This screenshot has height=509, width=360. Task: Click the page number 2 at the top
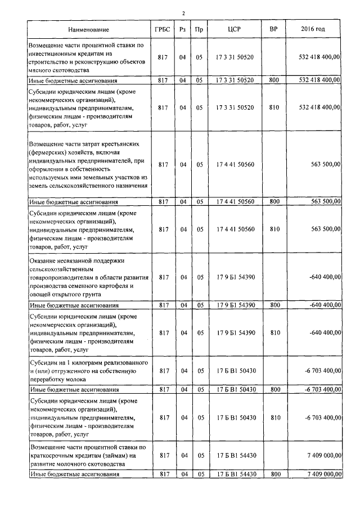183,13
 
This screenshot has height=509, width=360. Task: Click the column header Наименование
89,29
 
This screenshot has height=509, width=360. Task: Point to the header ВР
274,29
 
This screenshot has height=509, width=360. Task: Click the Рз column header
182,29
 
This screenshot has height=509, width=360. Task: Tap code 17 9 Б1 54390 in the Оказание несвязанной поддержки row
235,277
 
